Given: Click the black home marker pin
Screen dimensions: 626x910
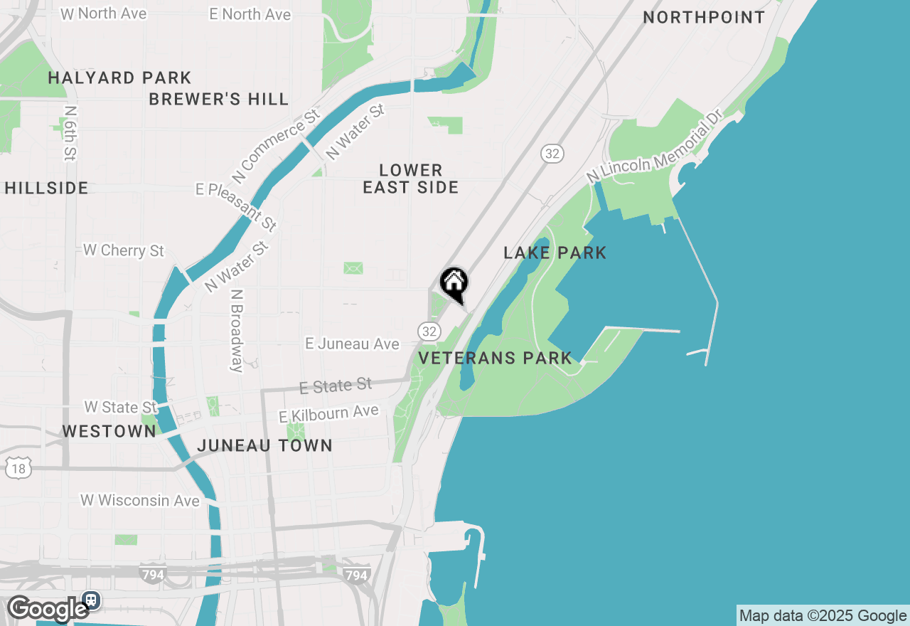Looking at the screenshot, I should (x=454, y=284).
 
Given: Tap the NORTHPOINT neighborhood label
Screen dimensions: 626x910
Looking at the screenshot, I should (x=704, y=18).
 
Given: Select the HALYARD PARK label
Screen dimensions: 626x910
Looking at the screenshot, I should (x=119, y=78).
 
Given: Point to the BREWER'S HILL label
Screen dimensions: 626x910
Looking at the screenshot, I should (x=219, y=100).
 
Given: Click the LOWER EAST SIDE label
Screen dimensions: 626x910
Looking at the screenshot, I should (x=411, y=179).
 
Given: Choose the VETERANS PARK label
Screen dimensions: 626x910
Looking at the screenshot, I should (x=496, y=358).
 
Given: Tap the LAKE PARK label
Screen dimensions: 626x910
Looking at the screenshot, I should (x=555, y=253).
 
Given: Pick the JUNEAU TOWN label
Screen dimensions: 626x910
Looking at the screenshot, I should (x=264, y=446).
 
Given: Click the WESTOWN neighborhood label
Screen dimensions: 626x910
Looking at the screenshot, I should (x=109, y=431).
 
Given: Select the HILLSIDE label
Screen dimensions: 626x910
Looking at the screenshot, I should (x=47, y=189).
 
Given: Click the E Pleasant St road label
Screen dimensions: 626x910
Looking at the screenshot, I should (x=237, y=206).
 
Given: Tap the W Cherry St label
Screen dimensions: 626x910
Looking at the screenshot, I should (x=124, y=250).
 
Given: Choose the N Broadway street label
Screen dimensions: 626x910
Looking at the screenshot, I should (x=237, y=330).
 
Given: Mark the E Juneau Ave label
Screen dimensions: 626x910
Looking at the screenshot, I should (x=352, y=344).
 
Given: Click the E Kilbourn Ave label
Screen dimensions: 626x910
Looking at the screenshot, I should (x=328, y=413).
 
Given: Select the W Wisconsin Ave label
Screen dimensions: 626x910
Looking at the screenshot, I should (x=140, y=501).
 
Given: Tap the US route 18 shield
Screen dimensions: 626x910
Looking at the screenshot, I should (x=18, y=468).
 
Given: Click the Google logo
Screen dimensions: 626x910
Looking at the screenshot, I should (x=48, y=609).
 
